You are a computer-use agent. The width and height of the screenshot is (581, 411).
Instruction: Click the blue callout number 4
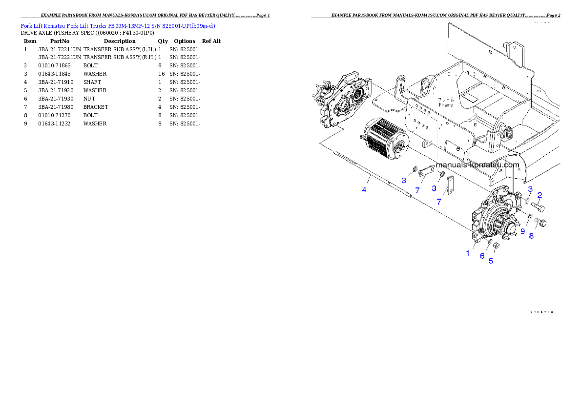click(x=364, y=189)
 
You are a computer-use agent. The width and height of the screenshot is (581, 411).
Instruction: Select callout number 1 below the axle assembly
click(x=468, y=253)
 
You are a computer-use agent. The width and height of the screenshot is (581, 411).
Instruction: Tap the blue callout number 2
click(x=539, y=196)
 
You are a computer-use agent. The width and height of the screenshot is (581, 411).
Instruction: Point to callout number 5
click(x=491, y=261)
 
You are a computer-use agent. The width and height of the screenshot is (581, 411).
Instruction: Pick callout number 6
click(x=482, y=256)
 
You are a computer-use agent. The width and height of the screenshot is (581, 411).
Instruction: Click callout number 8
click(x=532, y=235)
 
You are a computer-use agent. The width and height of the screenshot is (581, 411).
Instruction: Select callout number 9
click(x=522, y=231)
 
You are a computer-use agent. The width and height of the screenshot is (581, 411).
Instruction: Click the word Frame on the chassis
click(x=445, y=105)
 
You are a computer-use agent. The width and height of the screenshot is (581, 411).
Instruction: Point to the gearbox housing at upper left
click(x=342, y=100)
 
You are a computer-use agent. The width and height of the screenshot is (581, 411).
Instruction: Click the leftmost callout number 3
click(x=404, y=180)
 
